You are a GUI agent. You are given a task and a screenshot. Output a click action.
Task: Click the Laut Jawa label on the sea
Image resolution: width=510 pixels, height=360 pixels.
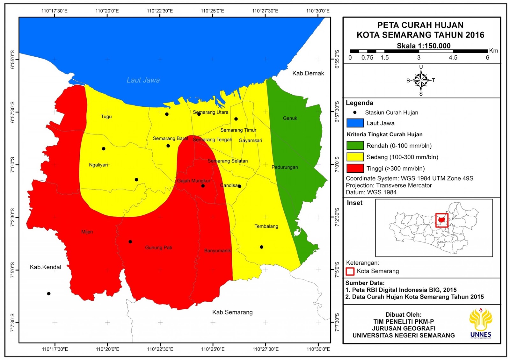tap(143, 80)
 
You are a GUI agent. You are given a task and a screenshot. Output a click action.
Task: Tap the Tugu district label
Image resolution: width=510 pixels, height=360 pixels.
tap(106, 117)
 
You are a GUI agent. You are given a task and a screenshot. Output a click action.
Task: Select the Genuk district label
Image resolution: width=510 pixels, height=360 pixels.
tap(290, 118)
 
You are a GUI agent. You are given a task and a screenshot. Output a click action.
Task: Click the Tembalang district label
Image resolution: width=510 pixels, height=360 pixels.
tap(266, 226)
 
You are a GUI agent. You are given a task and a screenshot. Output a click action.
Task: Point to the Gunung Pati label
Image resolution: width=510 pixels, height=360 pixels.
tap(158, 248)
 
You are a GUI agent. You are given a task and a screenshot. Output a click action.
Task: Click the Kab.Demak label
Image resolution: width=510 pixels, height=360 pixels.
tap(308, 73)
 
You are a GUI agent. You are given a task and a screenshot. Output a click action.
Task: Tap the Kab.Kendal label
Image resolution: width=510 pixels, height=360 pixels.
tap(45, 267)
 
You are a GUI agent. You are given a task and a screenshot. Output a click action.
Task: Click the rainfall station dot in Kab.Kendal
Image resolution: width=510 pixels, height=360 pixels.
tap(49, 294)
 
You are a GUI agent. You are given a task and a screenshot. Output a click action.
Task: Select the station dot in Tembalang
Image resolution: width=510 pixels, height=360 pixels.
tap(261, 247)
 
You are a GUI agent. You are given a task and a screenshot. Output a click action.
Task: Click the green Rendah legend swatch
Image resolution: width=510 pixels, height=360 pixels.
tap(355, 146)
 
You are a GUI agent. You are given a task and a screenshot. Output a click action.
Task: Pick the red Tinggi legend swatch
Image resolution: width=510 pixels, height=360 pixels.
tap(355, 168)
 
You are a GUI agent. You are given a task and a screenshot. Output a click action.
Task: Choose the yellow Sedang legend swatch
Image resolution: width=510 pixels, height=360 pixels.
tap(355, 157)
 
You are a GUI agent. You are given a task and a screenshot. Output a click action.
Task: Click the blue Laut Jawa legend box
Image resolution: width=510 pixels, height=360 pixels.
tap(355, 123)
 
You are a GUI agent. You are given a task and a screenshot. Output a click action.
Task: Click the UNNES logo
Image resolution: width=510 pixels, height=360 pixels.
tap(481, 323)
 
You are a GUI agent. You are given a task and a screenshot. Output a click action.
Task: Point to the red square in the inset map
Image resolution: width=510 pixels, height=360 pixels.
tap(442, 220)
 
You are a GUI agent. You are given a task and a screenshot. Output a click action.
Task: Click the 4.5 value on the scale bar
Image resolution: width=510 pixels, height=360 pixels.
tap(453, 58)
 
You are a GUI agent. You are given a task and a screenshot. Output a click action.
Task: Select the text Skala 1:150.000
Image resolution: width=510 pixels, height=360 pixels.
tap(423, 46)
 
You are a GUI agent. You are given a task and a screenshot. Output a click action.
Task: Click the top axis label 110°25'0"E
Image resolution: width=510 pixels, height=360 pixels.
tap(212, 11)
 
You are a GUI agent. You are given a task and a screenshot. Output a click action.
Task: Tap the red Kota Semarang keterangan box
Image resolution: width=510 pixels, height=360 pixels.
tap(350, 271)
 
